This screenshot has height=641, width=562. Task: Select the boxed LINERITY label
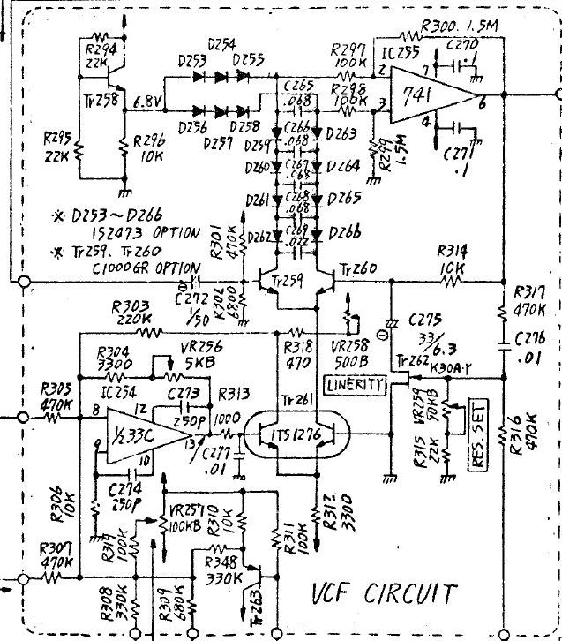pyautogui.click(x=355, y=384)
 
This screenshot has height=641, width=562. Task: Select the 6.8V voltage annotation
pyautogui.click(x=148, y=103)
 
